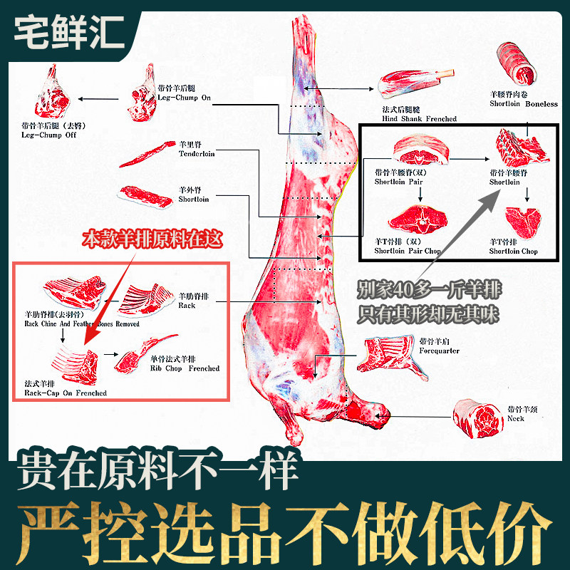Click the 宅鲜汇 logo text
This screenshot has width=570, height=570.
click(x=70, y=31)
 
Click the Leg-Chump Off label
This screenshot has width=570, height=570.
click(x=48, y=130)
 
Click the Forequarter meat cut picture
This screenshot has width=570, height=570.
click(x=385, y=353)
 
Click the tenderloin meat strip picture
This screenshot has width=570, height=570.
click(x=142, y=154)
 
